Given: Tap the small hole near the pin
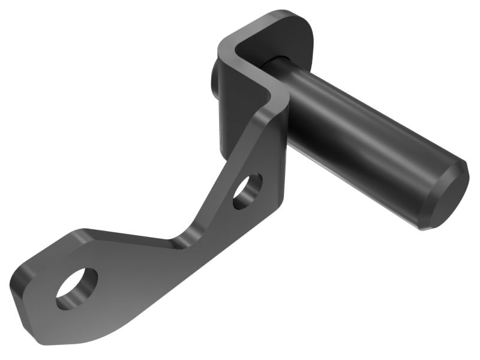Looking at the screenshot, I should click(248, 191).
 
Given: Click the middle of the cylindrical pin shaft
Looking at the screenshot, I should click(360, 138).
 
